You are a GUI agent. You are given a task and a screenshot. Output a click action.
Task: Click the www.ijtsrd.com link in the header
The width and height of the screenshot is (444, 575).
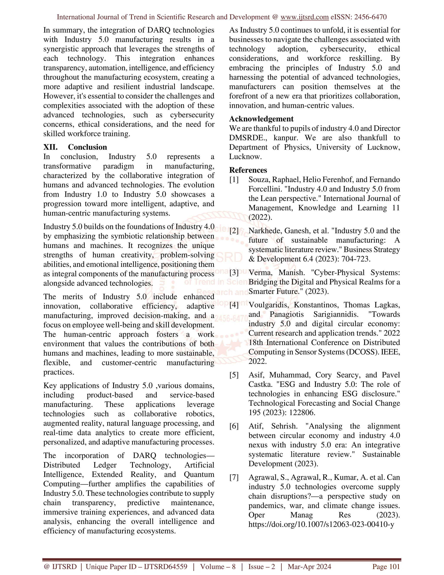pyautogui.click(x=304, y=17)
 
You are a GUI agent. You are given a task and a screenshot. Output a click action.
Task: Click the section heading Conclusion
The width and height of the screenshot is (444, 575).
pyautogui.click(x=87, y=147)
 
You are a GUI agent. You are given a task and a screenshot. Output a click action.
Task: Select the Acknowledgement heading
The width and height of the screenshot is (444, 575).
pyautogui.click(x=261, y=119)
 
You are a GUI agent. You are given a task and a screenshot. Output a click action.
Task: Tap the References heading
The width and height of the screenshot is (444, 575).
pyautogui.click(x=248, y=170)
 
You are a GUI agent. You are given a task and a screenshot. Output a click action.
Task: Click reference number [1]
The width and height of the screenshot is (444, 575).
pyautogui.click(x=234, y=180)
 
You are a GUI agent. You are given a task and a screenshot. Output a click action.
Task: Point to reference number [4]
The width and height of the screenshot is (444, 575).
pyautogui.click(x=234, y=305)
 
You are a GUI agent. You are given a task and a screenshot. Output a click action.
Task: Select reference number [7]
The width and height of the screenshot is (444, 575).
pyautogui.click(x=234, y=477)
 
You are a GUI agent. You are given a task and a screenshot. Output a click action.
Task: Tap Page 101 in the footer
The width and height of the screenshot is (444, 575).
pyautogui.click(x=386, y=567)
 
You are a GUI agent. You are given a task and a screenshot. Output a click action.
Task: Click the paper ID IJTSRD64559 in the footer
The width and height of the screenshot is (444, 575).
pyautogui.click(x=165, y=567)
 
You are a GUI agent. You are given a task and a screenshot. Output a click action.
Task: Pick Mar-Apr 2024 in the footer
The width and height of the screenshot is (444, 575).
pyautogui.click(x=309, y=567)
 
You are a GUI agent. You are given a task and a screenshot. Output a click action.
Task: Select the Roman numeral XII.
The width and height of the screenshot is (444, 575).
pyautogui.click(x=50, y=147)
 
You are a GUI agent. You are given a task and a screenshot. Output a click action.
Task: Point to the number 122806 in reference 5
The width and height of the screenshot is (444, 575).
pyautogui.click(x=302, y=412)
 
